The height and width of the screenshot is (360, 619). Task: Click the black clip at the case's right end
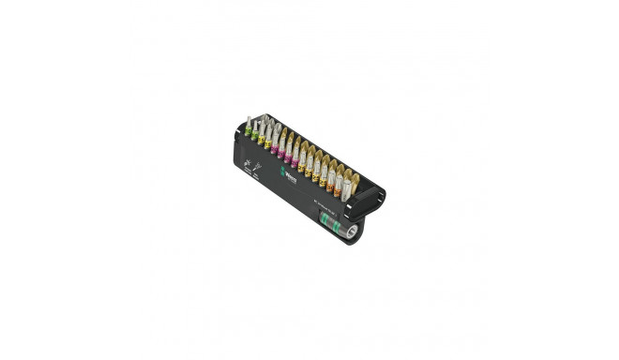click(x=382, y=200)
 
